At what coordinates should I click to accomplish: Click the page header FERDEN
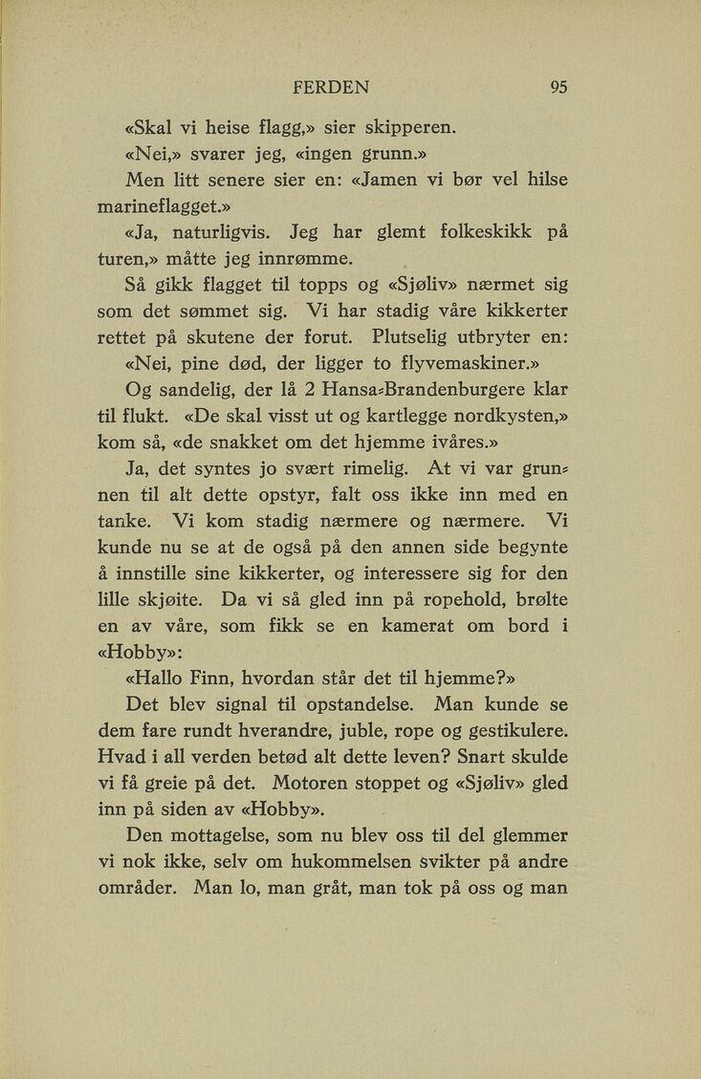point(331,87)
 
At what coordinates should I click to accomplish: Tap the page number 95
point(559,87)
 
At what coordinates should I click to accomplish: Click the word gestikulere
point(505,734)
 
